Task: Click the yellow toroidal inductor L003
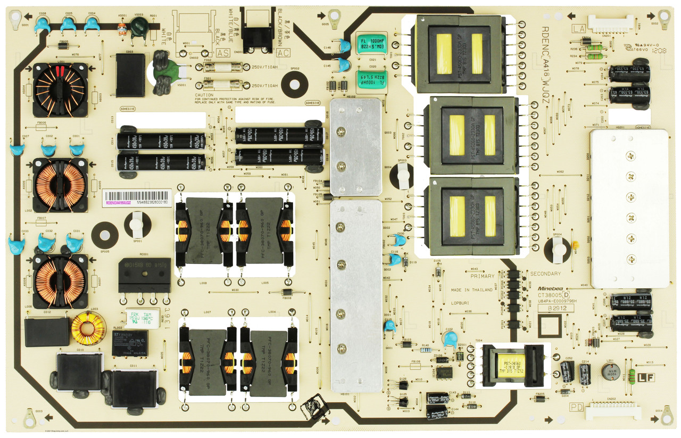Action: (88, 328)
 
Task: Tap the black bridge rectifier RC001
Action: (145, 275)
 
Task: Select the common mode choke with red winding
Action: (60, 89)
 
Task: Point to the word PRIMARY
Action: (482, 276)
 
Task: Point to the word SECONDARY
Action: (545, 274)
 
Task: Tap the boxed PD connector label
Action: (576, 407)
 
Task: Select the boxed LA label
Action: (578, 29)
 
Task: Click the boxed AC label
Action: (284, 52)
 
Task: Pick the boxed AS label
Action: (223, 52)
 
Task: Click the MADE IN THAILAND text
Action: (471, 290)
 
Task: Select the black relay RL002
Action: (130, 342)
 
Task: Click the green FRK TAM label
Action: (142, 318)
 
